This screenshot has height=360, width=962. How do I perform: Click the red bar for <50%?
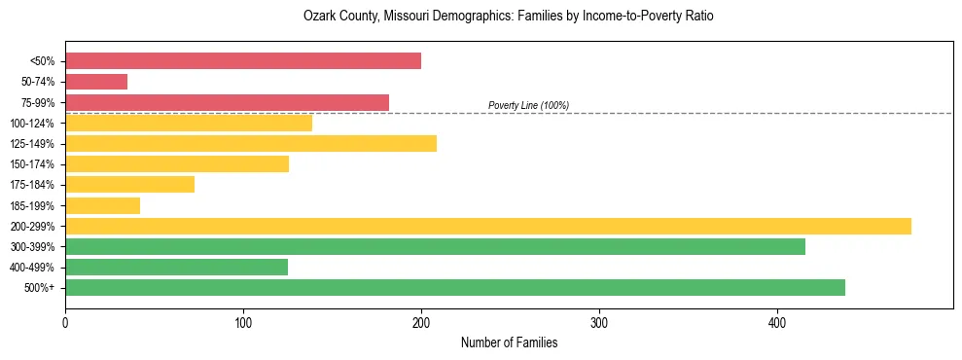tap(243, 61)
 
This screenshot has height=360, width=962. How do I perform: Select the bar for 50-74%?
tap(96, 82)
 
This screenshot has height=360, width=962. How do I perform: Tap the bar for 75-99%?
tap(227, 102)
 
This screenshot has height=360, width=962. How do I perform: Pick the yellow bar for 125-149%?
tap(251, 144)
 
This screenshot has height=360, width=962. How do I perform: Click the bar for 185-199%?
tap(102, 205)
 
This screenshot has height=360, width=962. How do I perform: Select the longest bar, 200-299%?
tap(488, 226)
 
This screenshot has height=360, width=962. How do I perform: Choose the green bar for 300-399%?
tap(435, 246)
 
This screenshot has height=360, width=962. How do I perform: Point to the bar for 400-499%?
tap(176, 267)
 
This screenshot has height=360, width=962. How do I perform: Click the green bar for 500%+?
tap(455, 287)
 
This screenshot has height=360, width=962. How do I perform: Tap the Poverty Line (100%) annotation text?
tap(528, 105)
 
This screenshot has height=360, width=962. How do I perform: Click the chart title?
tap(509, 17)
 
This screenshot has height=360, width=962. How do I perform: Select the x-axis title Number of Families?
tap(509, 342)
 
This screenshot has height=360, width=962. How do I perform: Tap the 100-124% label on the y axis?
tap(32, 124)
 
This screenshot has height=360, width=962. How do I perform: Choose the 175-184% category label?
tap(32, 185)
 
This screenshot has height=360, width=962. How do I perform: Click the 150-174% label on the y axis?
tap(32, 164)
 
